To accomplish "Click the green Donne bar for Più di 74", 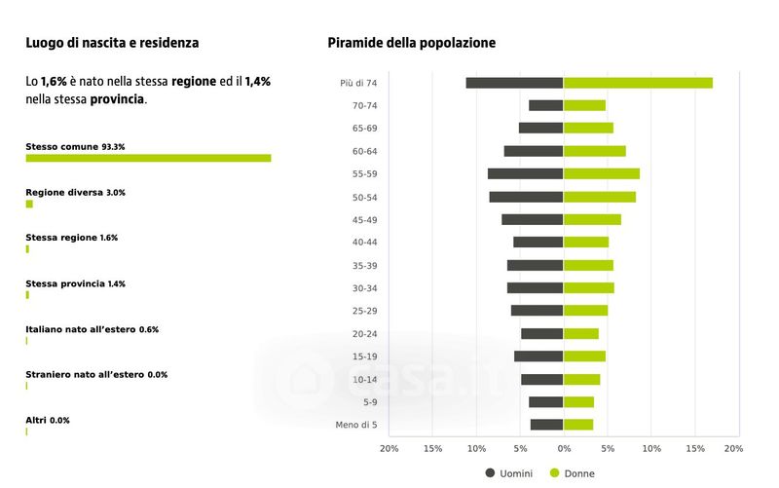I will (638, 83).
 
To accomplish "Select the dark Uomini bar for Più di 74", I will (514, 83).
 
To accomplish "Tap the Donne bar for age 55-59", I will (602, 173).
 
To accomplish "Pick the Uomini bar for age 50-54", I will (526, 197).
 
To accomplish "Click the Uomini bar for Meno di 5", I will (546, 425).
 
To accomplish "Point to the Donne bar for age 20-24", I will (581, 333).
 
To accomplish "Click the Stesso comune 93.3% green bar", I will (148, 158).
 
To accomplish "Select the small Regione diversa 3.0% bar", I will (29, 204).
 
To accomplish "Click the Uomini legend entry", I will (508, 473).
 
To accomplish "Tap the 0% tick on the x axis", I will (564, 448).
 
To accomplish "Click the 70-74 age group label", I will (365, 105).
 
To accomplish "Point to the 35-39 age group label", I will (365, 265).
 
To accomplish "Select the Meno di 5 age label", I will (357, 425).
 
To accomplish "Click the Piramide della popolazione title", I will (411, 43).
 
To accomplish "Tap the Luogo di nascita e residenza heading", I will (112, 43).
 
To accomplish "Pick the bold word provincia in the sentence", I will (117, 99).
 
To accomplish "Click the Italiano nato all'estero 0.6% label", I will (92, 329).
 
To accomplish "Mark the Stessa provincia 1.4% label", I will (75, 283).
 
